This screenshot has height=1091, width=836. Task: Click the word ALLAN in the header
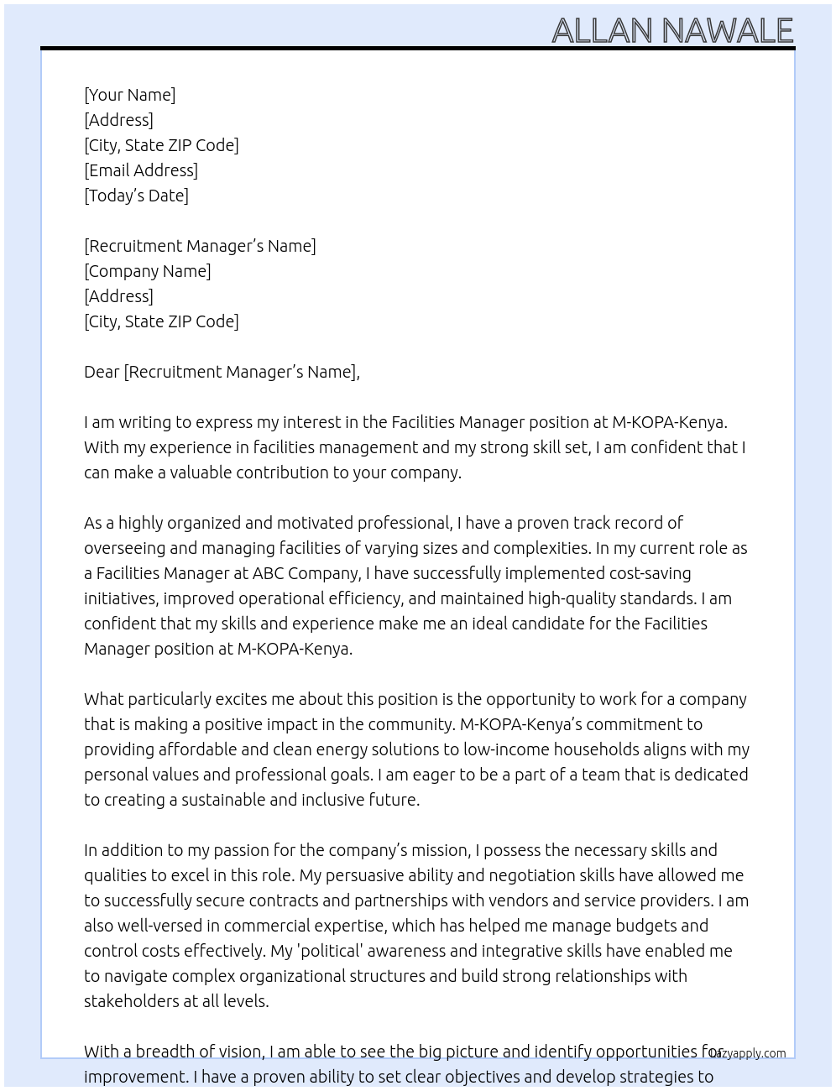tap(602, 31)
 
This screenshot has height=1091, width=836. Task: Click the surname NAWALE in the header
tap(727, 31)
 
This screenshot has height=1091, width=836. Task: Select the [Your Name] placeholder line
tap(129, 95)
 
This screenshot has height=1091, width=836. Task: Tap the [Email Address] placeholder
tap(141, 170)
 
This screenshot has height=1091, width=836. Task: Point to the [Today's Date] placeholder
tap(136, 196)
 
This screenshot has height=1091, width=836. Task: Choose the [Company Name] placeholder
tap(147, 271)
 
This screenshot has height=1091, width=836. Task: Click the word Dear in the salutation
tap(102, 372)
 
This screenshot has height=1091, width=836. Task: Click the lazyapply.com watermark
tap(749, 1053)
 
